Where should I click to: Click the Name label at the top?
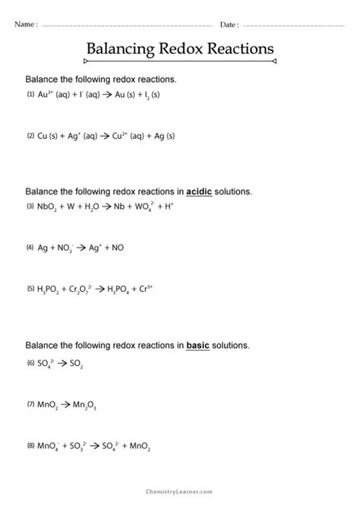point(24,24)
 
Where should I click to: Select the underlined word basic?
point(200,345)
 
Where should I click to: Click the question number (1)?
point(30,95)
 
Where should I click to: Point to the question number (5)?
point(30,289)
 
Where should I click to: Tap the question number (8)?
point(30,446)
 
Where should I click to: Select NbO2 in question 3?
point(47,207)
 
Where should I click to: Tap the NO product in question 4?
point(117,248)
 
